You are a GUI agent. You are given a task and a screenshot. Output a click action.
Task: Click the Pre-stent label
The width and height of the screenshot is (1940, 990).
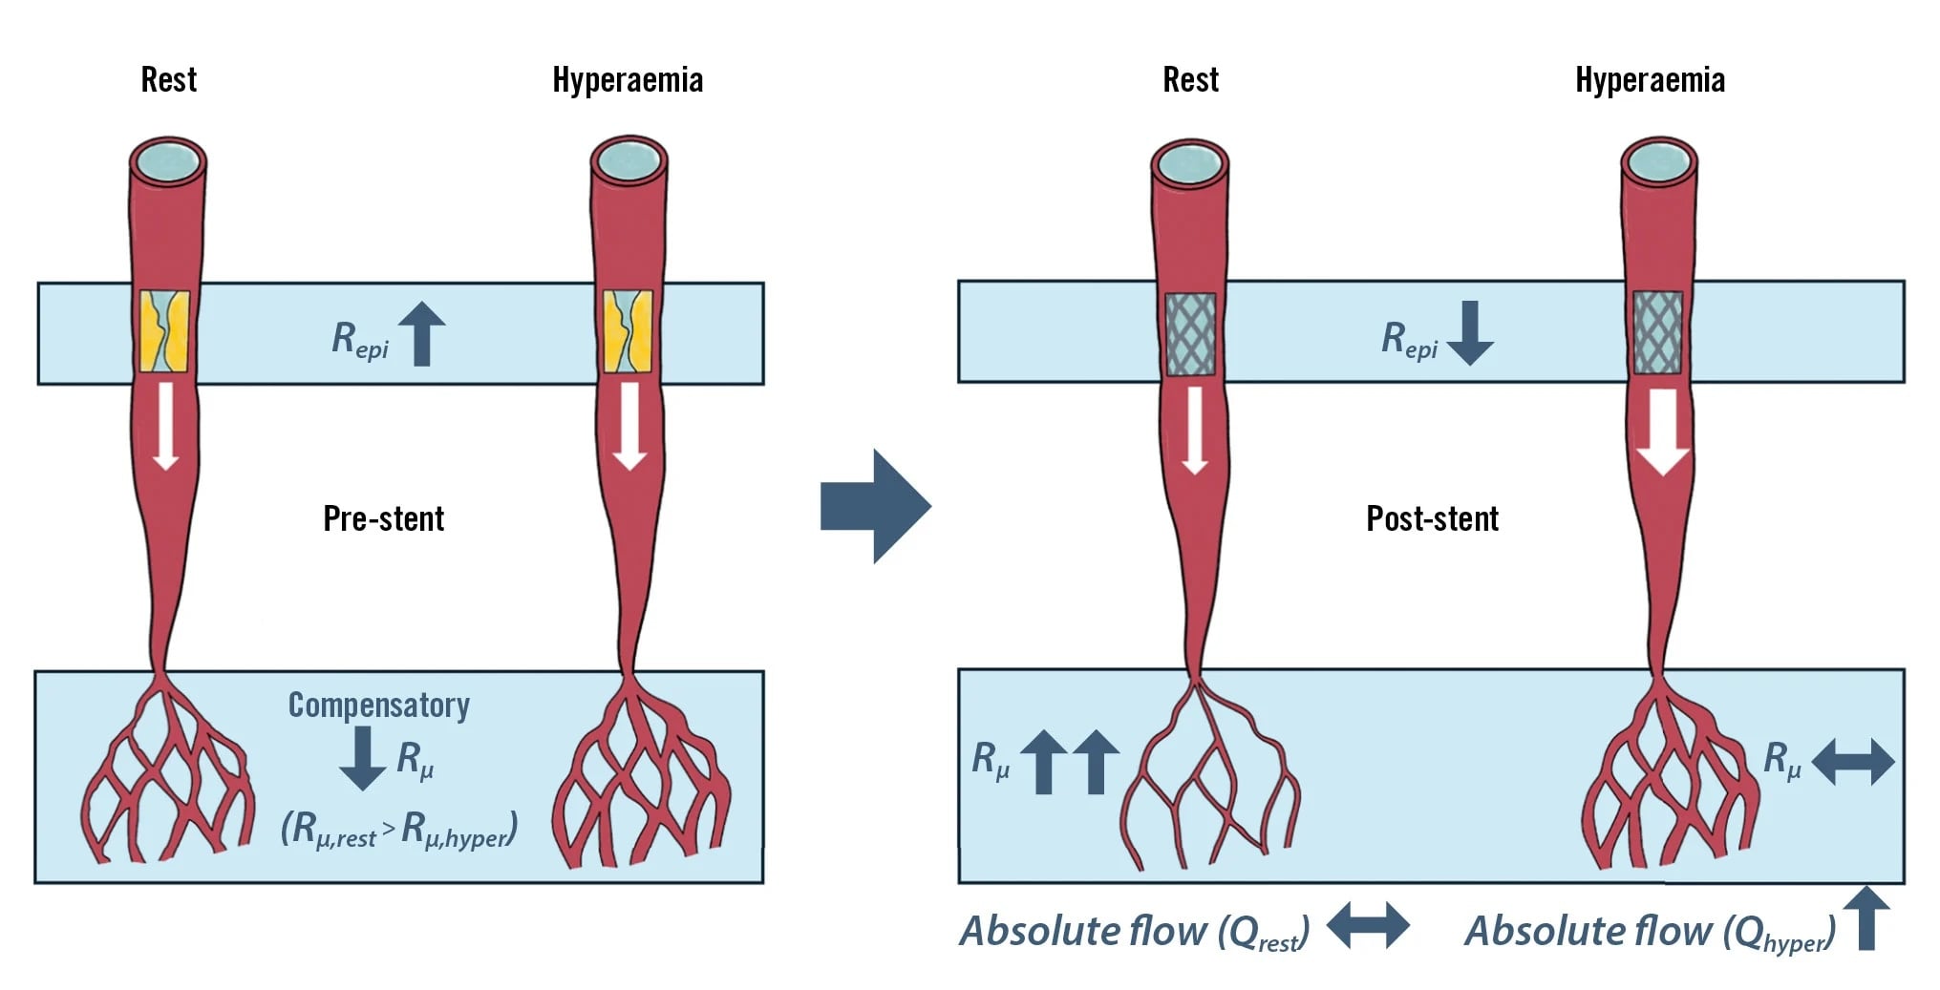click(383, 518)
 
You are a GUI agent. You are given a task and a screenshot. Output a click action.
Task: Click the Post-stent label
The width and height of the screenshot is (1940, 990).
click(1431, 518)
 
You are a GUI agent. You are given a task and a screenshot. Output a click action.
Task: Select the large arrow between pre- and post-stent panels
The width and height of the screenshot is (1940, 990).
click(875, 506)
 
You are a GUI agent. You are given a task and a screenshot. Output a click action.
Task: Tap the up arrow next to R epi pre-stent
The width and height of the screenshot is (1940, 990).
click(421, 333)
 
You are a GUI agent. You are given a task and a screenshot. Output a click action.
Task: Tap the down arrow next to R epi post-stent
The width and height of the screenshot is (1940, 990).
click(1470, 332)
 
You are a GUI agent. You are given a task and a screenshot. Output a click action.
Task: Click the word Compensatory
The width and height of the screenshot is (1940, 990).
click(378, 705)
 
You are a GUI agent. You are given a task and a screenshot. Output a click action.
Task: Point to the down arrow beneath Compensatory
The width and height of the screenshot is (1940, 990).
click(363, 758)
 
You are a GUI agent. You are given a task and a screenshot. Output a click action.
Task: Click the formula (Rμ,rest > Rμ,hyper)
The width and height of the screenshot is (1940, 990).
click(399, 829)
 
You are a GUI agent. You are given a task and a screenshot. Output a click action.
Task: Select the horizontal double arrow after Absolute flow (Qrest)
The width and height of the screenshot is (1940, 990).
click(1367, 925)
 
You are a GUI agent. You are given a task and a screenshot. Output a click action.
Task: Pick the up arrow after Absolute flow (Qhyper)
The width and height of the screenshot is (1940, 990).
click(1866, 917)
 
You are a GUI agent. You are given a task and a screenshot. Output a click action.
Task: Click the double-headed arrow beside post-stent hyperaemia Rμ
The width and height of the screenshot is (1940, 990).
click(1852, 762)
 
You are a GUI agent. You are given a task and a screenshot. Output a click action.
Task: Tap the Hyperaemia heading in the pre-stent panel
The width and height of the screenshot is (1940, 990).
click(628, 80)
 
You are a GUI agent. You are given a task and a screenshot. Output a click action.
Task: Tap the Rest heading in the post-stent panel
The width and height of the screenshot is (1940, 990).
click(1190, 80)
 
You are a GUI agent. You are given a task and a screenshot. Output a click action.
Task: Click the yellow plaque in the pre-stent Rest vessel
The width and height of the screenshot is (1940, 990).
click(164, 330)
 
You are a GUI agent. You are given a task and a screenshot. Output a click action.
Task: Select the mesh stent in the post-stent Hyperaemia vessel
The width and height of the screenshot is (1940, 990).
click(1657, 332)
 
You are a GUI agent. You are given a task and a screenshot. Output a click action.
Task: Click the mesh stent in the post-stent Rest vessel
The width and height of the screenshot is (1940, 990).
click(1190, 333)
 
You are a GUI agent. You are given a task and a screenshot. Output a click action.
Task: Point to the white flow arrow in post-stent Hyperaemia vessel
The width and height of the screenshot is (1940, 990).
click(1663, 432)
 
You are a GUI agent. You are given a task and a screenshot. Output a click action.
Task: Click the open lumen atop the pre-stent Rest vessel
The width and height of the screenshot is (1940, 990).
click(167, 160)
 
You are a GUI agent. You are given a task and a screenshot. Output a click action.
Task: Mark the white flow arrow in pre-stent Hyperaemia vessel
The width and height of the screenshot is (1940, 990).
click(629, 426)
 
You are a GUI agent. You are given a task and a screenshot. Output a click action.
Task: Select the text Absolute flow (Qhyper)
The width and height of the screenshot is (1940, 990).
click(1649, 931)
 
